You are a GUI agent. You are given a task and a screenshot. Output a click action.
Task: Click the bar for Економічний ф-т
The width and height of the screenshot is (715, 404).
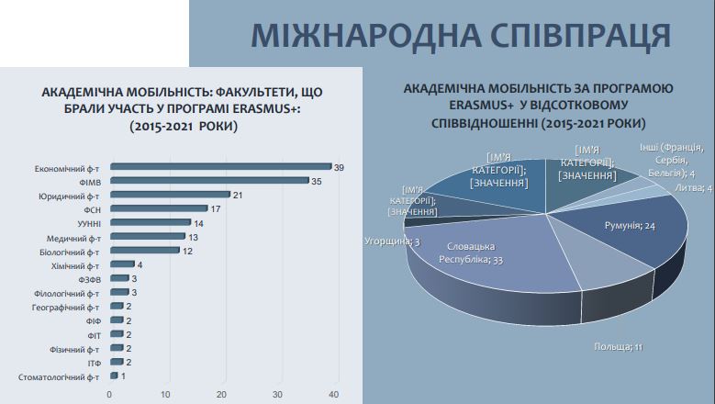click(220, 167)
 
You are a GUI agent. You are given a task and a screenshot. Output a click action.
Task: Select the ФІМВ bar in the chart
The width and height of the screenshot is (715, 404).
click(209, 181)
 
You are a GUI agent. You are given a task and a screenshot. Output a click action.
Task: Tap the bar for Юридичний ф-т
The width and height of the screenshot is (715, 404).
click(170, 195)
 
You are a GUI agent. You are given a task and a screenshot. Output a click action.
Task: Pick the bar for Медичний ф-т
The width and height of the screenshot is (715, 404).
click(147, 237)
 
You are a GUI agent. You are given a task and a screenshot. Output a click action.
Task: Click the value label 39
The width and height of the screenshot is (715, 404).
click(339, 167)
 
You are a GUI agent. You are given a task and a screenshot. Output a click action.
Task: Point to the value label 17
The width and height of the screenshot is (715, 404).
click(215, 208)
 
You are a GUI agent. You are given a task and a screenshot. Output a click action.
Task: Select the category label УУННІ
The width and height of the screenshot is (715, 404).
click(86, 223)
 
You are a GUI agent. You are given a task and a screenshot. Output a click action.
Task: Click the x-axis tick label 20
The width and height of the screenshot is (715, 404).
click(221, 395)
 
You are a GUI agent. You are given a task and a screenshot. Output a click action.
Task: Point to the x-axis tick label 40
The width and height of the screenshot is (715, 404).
click(333, 395)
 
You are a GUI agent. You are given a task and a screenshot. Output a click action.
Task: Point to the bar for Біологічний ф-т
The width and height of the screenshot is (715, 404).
click(144, 251)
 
